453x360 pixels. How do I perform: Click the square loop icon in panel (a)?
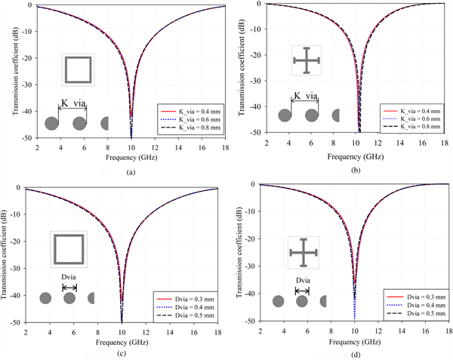coord(78,70)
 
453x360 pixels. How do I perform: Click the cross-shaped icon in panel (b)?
coord(306,61)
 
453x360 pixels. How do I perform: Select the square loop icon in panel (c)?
coord(69,249)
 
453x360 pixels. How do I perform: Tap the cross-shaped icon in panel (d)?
coord(303,252)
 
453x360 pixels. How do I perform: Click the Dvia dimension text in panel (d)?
coord(302,280)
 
